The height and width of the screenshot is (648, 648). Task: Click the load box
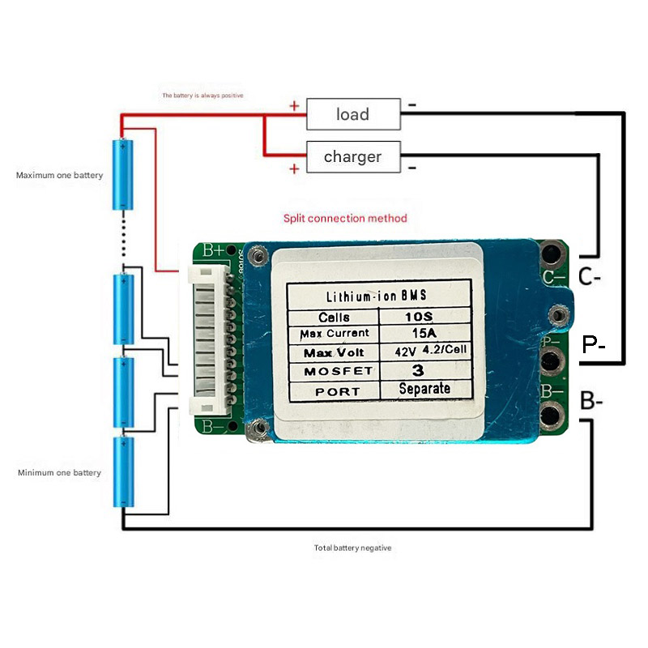coord(352,114)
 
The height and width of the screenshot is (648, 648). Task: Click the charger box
coord(352,156)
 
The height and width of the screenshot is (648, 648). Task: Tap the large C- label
coord(590,278)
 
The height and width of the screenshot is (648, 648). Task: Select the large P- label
coord(595,346)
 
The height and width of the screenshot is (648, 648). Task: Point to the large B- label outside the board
coord(590,402)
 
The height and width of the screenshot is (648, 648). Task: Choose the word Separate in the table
coord(424,389)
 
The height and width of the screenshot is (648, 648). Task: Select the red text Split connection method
coord(345,219)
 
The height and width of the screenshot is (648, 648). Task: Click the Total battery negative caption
coord(352,548)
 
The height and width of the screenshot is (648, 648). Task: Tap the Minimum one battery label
coord(59,472)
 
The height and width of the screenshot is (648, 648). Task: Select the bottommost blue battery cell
coord(124,472)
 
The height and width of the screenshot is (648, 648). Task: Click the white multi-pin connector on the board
coord(211,337)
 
